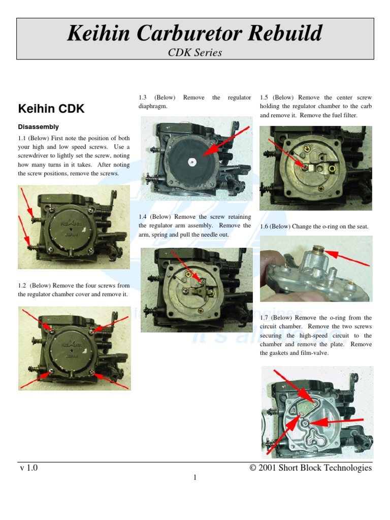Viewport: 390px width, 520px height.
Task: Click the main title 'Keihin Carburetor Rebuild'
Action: [x=194, y=34]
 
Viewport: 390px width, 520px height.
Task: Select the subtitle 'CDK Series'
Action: [x=194, y=52]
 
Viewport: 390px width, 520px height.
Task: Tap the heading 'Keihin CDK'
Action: [x=51, y=109]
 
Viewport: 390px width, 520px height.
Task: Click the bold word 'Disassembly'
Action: [x=39, y=127]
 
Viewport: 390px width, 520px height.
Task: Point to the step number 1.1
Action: [x=24, y=138]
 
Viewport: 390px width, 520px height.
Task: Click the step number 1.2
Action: [x=24, y=285]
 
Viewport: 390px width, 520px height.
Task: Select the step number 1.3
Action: [x=143, y=97]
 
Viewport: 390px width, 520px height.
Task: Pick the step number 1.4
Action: [x=143, y=217]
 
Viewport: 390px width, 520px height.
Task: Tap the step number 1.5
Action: [x=264, y=97]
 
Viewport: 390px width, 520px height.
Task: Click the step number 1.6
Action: [x=265, y=226]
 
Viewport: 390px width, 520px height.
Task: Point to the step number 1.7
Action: [x=265, y=318]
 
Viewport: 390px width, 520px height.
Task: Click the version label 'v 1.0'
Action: [x=28, y=468]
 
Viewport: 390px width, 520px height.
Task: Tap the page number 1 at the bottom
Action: [x=194, y=478]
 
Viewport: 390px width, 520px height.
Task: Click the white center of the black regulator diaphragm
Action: [x=192, y=162]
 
